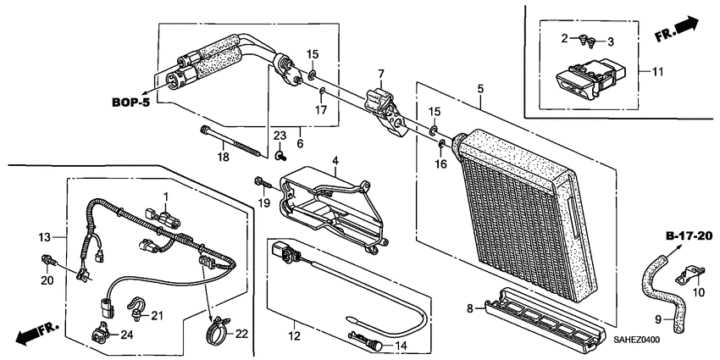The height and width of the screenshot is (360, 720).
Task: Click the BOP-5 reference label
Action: pos(130,102)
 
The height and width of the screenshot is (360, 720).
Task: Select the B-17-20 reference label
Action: pos(690,236)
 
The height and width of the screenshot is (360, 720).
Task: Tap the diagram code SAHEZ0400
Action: pos(637,341)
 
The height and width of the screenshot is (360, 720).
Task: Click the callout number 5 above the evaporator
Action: pos(480,89)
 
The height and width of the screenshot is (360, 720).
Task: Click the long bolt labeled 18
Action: pos(234,142)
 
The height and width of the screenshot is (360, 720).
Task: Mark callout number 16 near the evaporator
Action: pos(440,164)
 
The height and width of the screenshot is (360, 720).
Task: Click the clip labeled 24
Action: pos(100,333)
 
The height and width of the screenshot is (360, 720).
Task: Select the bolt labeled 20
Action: pos(48,261)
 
